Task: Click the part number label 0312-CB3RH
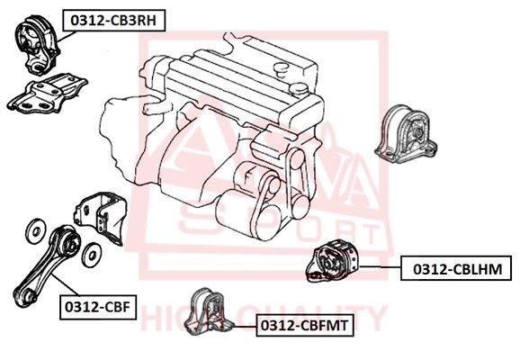pyautogui.click(x=113, y=21)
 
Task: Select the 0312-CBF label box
pyautogui.click(x=98, y=307)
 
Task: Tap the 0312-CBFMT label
pyautogui.click(x=304, y=325)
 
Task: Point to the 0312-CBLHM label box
pyautogui.click(x=456, y=268)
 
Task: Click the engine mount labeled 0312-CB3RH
pyautogui.click(x=37, y=44)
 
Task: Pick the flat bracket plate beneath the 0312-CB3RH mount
pyautogui.click(x=47, y=94)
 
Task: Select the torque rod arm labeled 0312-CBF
pyautogui.click(x=47, y=265)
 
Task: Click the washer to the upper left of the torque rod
pyautogui.click(x=35, y=231)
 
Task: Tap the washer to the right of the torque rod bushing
pyautogui.click(x=91, y=255)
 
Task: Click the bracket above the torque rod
pyautogui.click(x=101, y=216)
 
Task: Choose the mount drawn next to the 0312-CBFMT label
pyautogui.click(x=208, y=311)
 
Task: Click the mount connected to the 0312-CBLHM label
pyautogui.click(x=333, y=261)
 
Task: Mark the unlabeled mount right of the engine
pyautogui.click(x=405, y=134)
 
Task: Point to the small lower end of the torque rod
pyautogui.click(x=25, y=297)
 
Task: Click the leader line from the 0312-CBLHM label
pyautogui.click(x=381, y=266)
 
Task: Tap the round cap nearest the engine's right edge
pyautogui.click(x=297, y=89)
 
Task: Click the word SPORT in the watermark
pyautogui.click(x=280, y=226)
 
